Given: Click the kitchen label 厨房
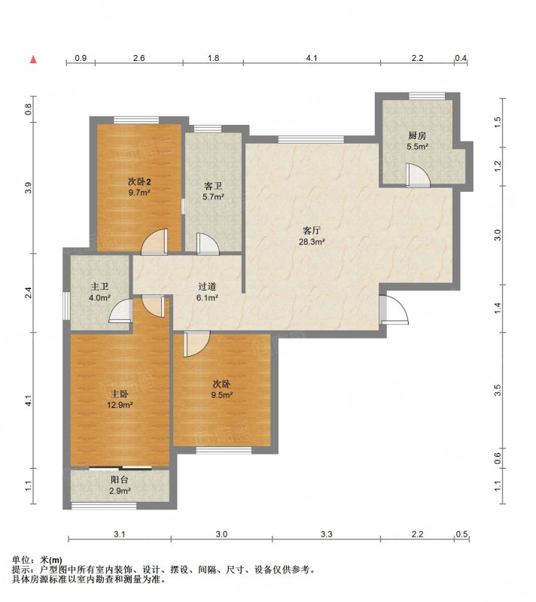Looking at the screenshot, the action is click(417, 135).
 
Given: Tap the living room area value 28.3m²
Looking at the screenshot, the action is click(312, 242).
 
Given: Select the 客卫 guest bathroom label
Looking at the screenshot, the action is click(213, 187).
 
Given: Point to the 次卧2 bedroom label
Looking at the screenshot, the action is click(139, 181).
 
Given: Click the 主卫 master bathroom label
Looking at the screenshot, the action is click(100, 287).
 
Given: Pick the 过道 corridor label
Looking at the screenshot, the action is click(207, 287).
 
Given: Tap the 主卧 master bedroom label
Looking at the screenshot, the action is click(120, 394).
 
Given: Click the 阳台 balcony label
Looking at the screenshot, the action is click(120, 480).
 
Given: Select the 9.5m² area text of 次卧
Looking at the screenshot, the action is click(222, 395).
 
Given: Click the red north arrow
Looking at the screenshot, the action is click(34, 59).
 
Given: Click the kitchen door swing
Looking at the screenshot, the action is click(418, 175).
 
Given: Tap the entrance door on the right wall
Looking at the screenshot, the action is click(394, 309).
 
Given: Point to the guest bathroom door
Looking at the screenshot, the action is click(208, 244).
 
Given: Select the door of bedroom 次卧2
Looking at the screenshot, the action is click(155, 242).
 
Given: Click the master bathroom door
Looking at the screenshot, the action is click(121, 310).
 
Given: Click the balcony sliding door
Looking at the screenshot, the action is click(120, 467).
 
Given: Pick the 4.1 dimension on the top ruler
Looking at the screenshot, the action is click(312, 58).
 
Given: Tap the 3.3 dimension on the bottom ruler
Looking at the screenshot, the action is click(327, 534).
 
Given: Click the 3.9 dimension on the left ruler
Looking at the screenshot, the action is click(28, 188).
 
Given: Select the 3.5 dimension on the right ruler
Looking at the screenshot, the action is click(498, 390).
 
